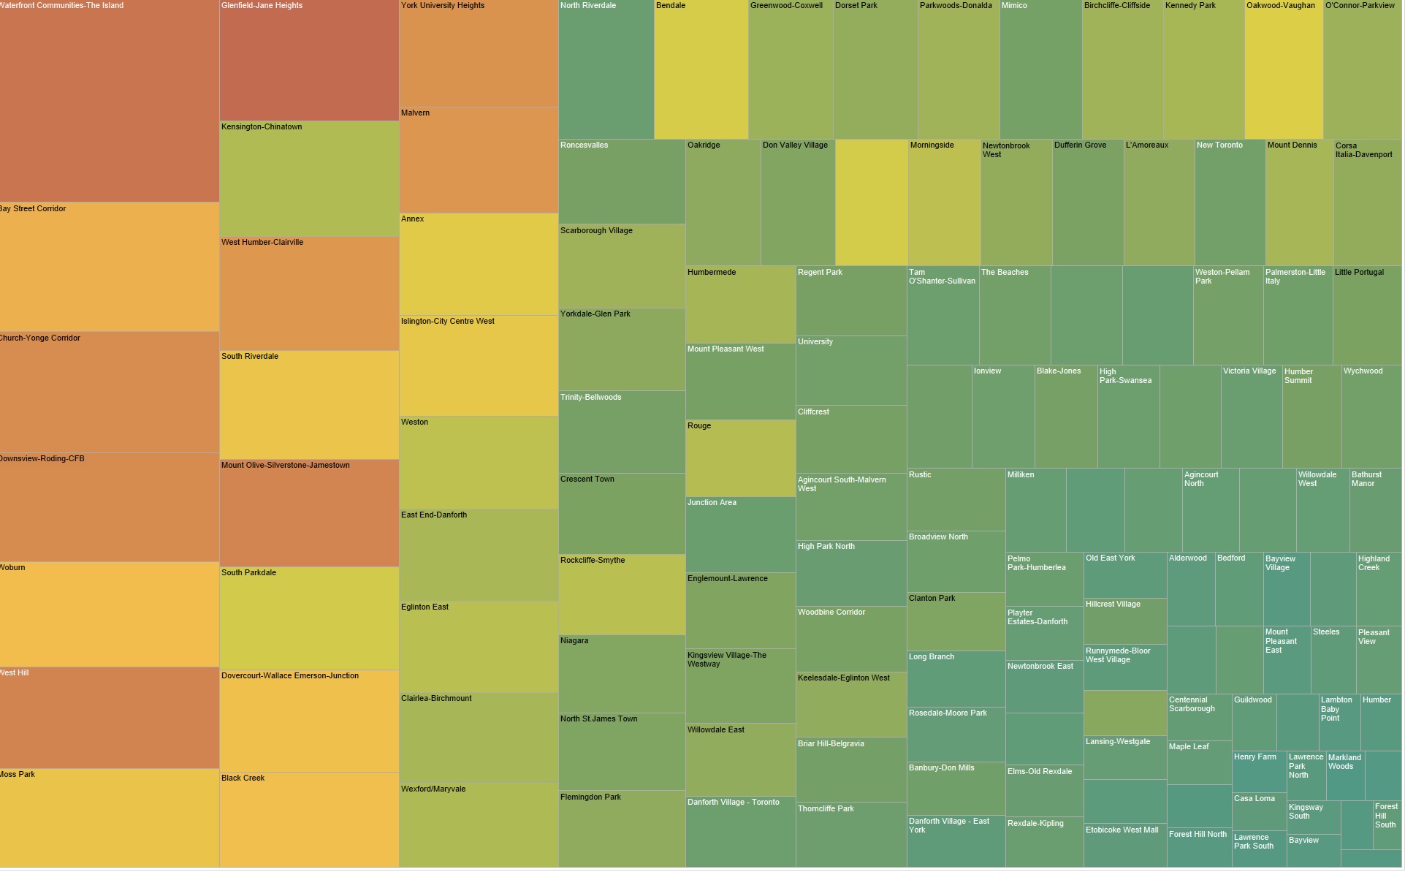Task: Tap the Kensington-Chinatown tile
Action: tap(309, 179)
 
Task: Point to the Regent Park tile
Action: tap(851, 301)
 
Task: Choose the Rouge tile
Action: tap(740, 459)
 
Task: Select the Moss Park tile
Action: tap(110, 819)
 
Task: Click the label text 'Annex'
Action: tap(413, 219)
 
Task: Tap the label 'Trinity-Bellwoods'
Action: tap(590, 398)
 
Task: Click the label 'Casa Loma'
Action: tap(1254, 799)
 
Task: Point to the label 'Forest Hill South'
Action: tap(1385, 816)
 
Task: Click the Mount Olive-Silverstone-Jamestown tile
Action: tap(309, 513)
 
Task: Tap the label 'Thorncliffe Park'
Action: tap(826, 809)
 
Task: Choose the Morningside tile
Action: tap(944, 203)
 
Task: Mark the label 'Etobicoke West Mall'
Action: tap(1122, 830)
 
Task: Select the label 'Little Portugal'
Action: tap(1359, 273)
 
